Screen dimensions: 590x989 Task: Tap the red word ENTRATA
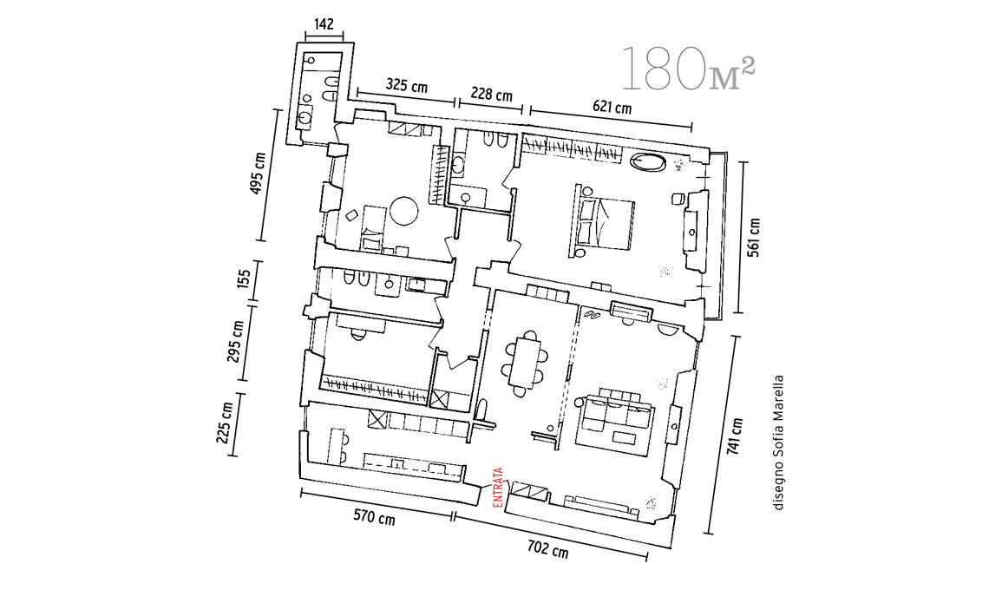[x=498, y=488]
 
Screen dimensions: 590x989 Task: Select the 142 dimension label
[x=324, y=25]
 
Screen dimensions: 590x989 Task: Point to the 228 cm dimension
[x=490, y=95]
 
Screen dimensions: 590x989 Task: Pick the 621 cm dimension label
[x=612, y=108]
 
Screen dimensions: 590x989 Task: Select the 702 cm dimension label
[x=547, y=548]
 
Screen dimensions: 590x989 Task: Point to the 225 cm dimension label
[x=226, y=421]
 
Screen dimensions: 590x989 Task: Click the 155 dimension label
[x=245, y=280]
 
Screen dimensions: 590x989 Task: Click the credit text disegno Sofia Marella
[x=778, y=442]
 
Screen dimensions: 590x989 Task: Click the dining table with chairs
[x=524, y=363]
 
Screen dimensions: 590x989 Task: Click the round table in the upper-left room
[x=404, y=211]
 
